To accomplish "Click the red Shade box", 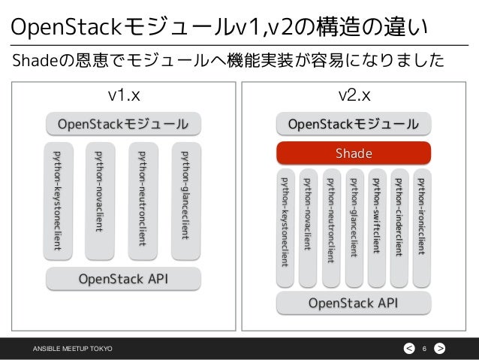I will coord(354,153).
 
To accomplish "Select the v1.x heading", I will coord(123,96).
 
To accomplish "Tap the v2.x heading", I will coord(354,96).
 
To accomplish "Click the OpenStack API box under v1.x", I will coord(123,280).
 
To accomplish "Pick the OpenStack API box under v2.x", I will coord(354,304).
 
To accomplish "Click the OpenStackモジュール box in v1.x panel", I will coord(123,123).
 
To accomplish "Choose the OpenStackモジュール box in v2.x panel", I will coord(354,123).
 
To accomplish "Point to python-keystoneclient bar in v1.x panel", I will coord(59,199).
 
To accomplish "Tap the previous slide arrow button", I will coord(408,347).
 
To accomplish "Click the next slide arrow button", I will coord(440,347).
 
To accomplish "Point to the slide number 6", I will coord(424,347).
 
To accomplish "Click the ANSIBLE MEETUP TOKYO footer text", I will coord(71,347).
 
